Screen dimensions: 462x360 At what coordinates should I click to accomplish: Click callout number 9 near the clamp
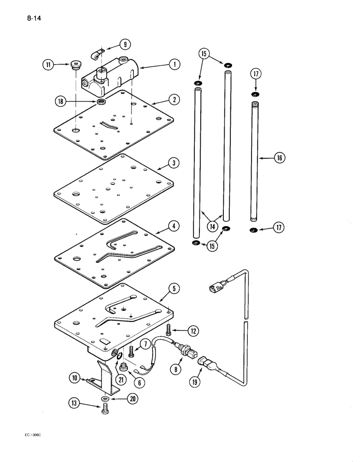(x=124, y=44)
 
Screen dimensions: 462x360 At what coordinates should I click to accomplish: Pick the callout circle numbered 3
(x=172, y=163)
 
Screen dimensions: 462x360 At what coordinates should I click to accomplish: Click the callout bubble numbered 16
(x=279, y=158)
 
